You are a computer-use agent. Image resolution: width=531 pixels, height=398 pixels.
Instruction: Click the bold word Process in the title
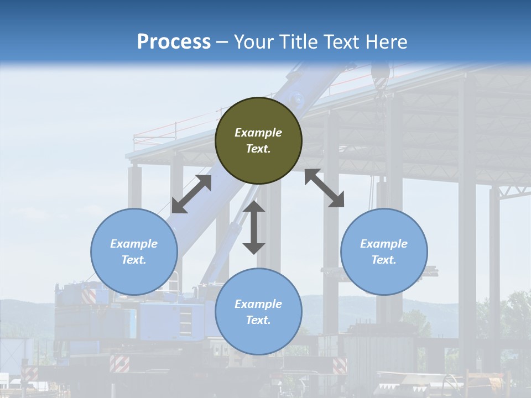click(x=174, y=41)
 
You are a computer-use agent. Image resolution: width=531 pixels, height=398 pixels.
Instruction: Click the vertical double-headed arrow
click(x=254, y=227)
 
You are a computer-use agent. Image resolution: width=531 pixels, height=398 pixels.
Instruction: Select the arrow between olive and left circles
click(x=191, y=194)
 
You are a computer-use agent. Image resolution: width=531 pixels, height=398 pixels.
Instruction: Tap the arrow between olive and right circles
click(x=324, y=188)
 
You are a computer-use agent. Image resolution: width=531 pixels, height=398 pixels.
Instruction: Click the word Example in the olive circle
click(x=258, y=133)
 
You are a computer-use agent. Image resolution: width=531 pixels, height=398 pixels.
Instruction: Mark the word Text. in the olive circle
click(x=258, y=149)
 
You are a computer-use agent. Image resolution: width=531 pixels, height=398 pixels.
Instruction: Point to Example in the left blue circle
click(x=134, y=244)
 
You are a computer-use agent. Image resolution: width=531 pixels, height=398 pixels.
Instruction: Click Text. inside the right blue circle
click(x=384, y=260)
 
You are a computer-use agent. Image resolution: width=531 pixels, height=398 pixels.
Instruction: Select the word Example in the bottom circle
click(x=258, y=304)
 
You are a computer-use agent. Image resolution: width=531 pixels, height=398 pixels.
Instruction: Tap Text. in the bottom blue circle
click(x=258, y=320)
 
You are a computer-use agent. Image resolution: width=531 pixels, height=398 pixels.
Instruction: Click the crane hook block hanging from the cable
click(x=381, y=75)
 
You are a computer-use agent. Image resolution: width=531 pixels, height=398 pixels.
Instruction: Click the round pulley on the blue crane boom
click(x=298, y=101)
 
